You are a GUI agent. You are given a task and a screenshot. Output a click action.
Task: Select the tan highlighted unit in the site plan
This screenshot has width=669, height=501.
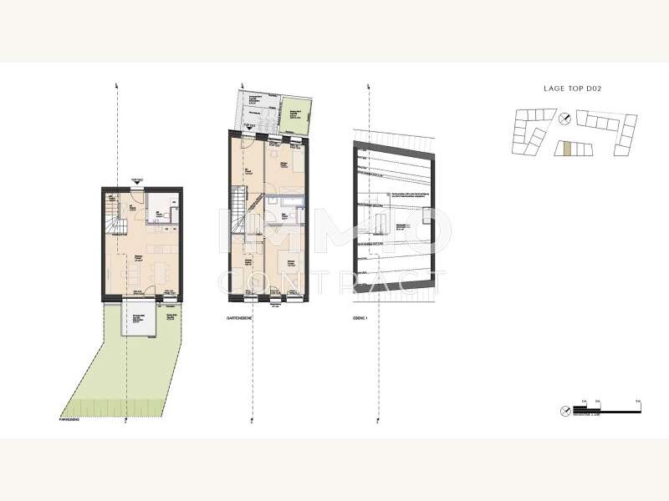coord(566,149)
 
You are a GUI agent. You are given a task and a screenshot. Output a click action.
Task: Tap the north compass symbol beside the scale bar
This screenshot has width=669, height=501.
coord(566,410)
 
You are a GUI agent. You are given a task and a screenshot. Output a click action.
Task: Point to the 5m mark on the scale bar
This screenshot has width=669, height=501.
coord(637,403)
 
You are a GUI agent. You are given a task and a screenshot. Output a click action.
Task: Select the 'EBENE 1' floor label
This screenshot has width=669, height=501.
coord(361,318)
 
